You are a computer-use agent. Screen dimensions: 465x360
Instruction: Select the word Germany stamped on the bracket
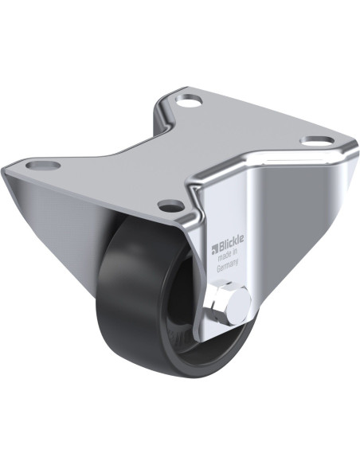(225, 267)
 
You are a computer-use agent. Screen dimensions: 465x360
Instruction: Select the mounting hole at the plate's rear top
(190, 102)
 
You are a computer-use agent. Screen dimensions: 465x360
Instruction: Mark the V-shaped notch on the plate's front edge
(191, 189)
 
